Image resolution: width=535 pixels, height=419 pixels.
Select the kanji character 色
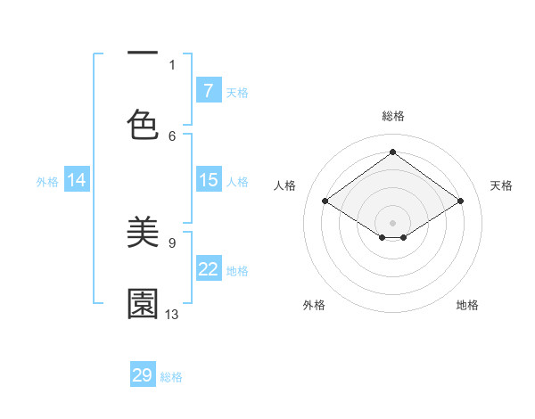coord(143,126)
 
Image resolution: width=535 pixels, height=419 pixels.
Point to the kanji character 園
coord(143,303)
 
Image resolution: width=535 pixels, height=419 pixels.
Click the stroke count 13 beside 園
coord(172,314)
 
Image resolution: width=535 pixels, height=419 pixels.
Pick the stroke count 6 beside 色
coord(172,136)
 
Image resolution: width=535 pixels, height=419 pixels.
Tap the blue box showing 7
coord(209,91)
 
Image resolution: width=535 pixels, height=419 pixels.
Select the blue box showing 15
coord(209,180)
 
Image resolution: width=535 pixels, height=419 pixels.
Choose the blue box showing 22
coord(209,269)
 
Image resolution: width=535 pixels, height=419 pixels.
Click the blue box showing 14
coord(77,180)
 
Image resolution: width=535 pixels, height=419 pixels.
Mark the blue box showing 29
coord(143,375)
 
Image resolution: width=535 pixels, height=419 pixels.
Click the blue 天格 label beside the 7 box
coord(237,92)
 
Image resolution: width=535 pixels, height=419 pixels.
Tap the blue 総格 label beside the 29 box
coord(171,377)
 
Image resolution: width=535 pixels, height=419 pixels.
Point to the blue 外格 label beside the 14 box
coord(47,181)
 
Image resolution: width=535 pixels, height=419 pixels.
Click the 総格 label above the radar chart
coord(393,116)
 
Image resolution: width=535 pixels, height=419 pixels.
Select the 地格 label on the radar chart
coord(467,305)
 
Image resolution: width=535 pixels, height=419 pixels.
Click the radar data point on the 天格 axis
coord(460,201)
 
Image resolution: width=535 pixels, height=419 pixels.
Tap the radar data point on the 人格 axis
coord(325,201)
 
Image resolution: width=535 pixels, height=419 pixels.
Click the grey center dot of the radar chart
coord(393,222)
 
